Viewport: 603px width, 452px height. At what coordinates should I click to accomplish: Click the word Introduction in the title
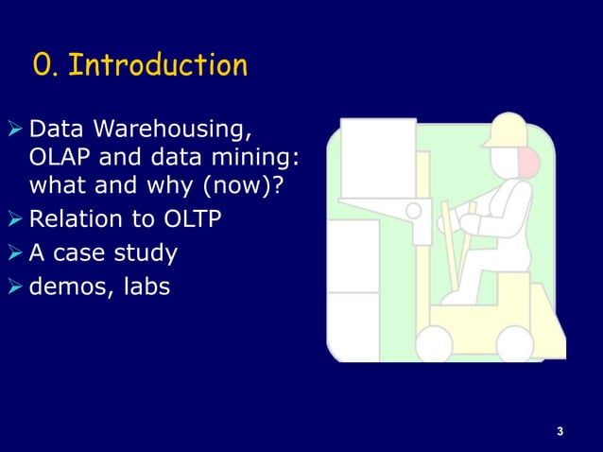click(159, 66)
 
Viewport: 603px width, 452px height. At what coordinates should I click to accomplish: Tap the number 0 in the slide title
click(43, 66)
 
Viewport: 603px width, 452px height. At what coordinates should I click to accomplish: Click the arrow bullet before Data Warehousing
click(17, 128)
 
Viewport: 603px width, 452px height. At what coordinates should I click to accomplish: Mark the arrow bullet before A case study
click(17, 253)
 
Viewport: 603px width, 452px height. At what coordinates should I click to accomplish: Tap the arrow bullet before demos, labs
click(17, 285)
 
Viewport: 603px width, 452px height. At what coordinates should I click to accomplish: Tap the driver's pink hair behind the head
click(530, 164)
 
